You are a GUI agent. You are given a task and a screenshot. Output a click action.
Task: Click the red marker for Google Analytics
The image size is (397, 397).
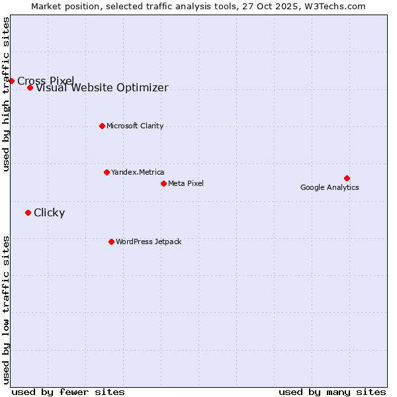[x=347, y=178]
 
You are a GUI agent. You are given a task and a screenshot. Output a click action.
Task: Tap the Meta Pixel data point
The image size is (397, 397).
[x=163, y=183]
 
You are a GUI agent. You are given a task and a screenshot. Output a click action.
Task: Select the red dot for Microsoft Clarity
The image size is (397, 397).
[x=102, y=126]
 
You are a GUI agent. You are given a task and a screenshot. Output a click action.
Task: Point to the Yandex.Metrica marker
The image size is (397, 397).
[x=107, y=172]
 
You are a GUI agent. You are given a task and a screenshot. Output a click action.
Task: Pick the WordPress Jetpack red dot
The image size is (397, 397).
[x=111, y=242]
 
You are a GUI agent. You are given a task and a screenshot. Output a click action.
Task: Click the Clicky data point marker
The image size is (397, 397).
[x=28, y=212]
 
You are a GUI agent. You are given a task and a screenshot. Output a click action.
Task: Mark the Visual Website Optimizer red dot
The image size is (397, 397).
[x=30, y=87]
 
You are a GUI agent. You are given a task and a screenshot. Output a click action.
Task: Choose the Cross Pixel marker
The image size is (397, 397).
[x=11, y=81]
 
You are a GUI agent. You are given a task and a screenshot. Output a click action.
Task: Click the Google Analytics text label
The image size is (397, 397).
[x=330, y=187]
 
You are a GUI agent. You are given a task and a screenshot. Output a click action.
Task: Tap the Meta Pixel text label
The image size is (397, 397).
[x=186, y=183]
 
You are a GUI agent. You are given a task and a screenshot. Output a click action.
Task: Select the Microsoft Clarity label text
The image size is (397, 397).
[x=135, y=126]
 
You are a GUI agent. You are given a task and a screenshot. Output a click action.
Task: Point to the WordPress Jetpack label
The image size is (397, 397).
[x=148, y=242]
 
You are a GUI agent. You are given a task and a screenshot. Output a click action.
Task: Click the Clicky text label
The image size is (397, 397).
[x=49, y=212]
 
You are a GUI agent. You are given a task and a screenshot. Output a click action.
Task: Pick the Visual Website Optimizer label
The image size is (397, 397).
[x=102, y=88]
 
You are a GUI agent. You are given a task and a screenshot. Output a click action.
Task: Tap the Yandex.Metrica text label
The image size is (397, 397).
[x=138, y=172]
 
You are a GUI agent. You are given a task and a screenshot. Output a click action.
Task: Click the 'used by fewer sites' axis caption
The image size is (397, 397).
[x=68, y=392]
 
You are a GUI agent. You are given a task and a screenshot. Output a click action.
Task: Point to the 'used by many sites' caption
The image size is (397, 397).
[x=332, y=392]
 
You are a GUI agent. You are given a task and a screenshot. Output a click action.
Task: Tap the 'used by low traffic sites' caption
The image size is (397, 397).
[x=7, y=309]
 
